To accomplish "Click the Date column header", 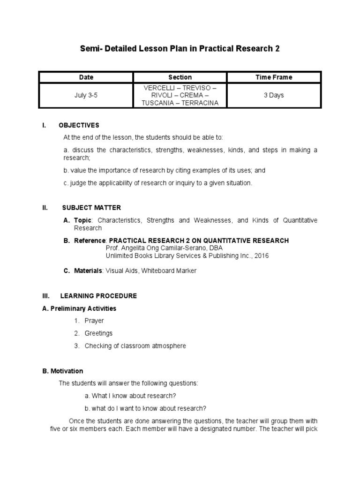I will (x=86, y=77).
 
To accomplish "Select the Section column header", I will (x=180, y=77).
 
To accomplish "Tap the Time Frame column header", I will (x=274, y=77).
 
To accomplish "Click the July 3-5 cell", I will (x=86, y=95).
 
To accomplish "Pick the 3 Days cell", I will (x=274, y=95).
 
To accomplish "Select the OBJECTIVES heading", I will (x=79, y=125).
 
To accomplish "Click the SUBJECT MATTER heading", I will (x=91, y=208).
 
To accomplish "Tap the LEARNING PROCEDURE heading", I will (x=98, y=296).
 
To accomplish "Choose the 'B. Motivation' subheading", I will (x=62, y=371).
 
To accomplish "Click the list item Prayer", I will (x=94, y=321).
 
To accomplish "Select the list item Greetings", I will (x=98, y=333).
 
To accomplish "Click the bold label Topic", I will (x=83, y=220).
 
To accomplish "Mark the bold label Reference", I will (x=90, y=240).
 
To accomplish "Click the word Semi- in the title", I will (x=94, y=49).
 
